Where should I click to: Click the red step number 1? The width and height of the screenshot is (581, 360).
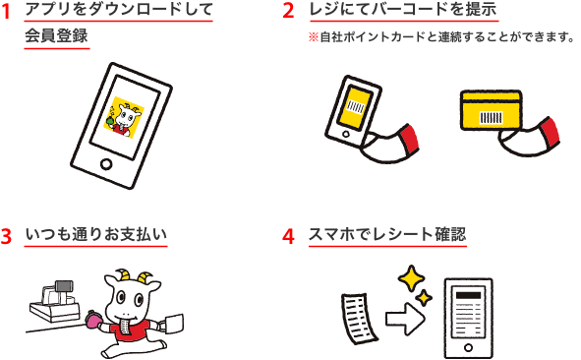pos(5,12)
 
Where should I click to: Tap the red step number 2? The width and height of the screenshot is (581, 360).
pos(288,11)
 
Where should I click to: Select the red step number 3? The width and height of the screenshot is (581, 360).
pos(6,236)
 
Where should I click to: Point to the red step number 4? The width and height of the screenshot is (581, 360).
pos(288,236)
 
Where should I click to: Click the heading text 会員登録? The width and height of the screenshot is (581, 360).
pos(56,35)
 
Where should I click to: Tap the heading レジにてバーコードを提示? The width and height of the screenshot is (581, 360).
pos(403,10)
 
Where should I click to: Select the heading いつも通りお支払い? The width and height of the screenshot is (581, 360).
pos(96,235)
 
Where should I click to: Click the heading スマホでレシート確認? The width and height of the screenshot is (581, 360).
pos(387,235)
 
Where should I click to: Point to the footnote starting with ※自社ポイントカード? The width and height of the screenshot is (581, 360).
pos(441,37)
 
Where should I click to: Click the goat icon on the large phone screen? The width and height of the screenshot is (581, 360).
pos(124,118)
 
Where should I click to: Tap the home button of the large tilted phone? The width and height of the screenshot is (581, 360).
pos(106,164)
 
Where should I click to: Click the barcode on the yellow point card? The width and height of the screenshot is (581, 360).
pos(491,117)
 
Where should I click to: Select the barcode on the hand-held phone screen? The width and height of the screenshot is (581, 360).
pos(355,107)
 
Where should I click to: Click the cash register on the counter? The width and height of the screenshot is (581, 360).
pos(55,302)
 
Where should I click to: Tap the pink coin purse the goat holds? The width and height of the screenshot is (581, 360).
pos(92,320)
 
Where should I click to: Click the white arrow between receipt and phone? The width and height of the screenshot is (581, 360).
pos(405,319)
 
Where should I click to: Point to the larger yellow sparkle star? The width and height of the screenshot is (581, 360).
pos(411,278)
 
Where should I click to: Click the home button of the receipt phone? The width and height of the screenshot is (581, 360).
pos(468,347)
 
